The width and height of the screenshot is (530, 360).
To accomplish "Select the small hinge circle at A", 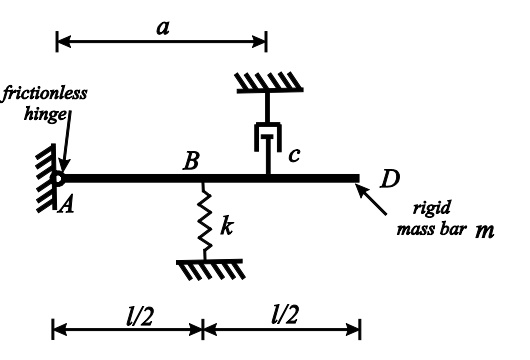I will (59, 179).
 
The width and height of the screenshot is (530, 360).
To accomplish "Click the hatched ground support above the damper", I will (267, 82).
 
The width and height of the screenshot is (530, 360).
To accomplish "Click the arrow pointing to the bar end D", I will (377, 199).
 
